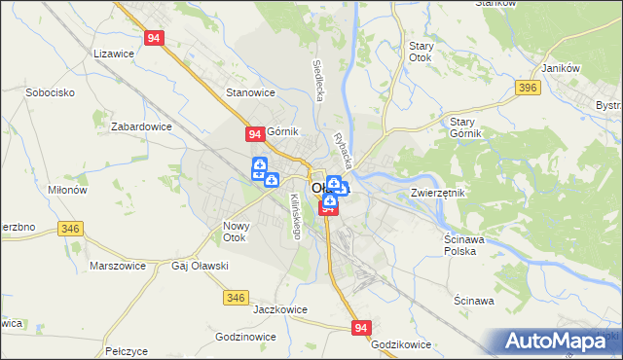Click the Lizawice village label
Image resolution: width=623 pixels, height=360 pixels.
coord(113,55)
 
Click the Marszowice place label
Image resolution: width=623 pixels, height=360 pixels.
coord(117,265)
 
